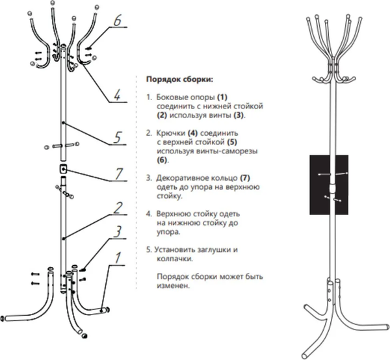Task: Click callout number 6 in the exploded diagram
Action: [x=116, y=20]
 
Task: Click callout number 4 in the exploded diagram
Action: [x=116, y=96]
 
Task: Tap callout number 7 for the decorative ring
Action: [x=118, y=174]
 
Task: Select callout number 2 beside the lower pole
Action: [x=118, y=209]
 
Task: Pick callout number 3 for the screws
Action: [x=117, y=231]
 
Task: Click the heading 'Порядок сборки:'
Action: [x=179, y=80]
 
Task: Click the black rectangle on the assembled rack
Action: [x=332, y=183]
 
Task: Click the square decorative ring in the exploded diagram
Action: [x=64, y=168]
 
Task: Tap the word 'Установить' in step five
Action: [x=179, y=248]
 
